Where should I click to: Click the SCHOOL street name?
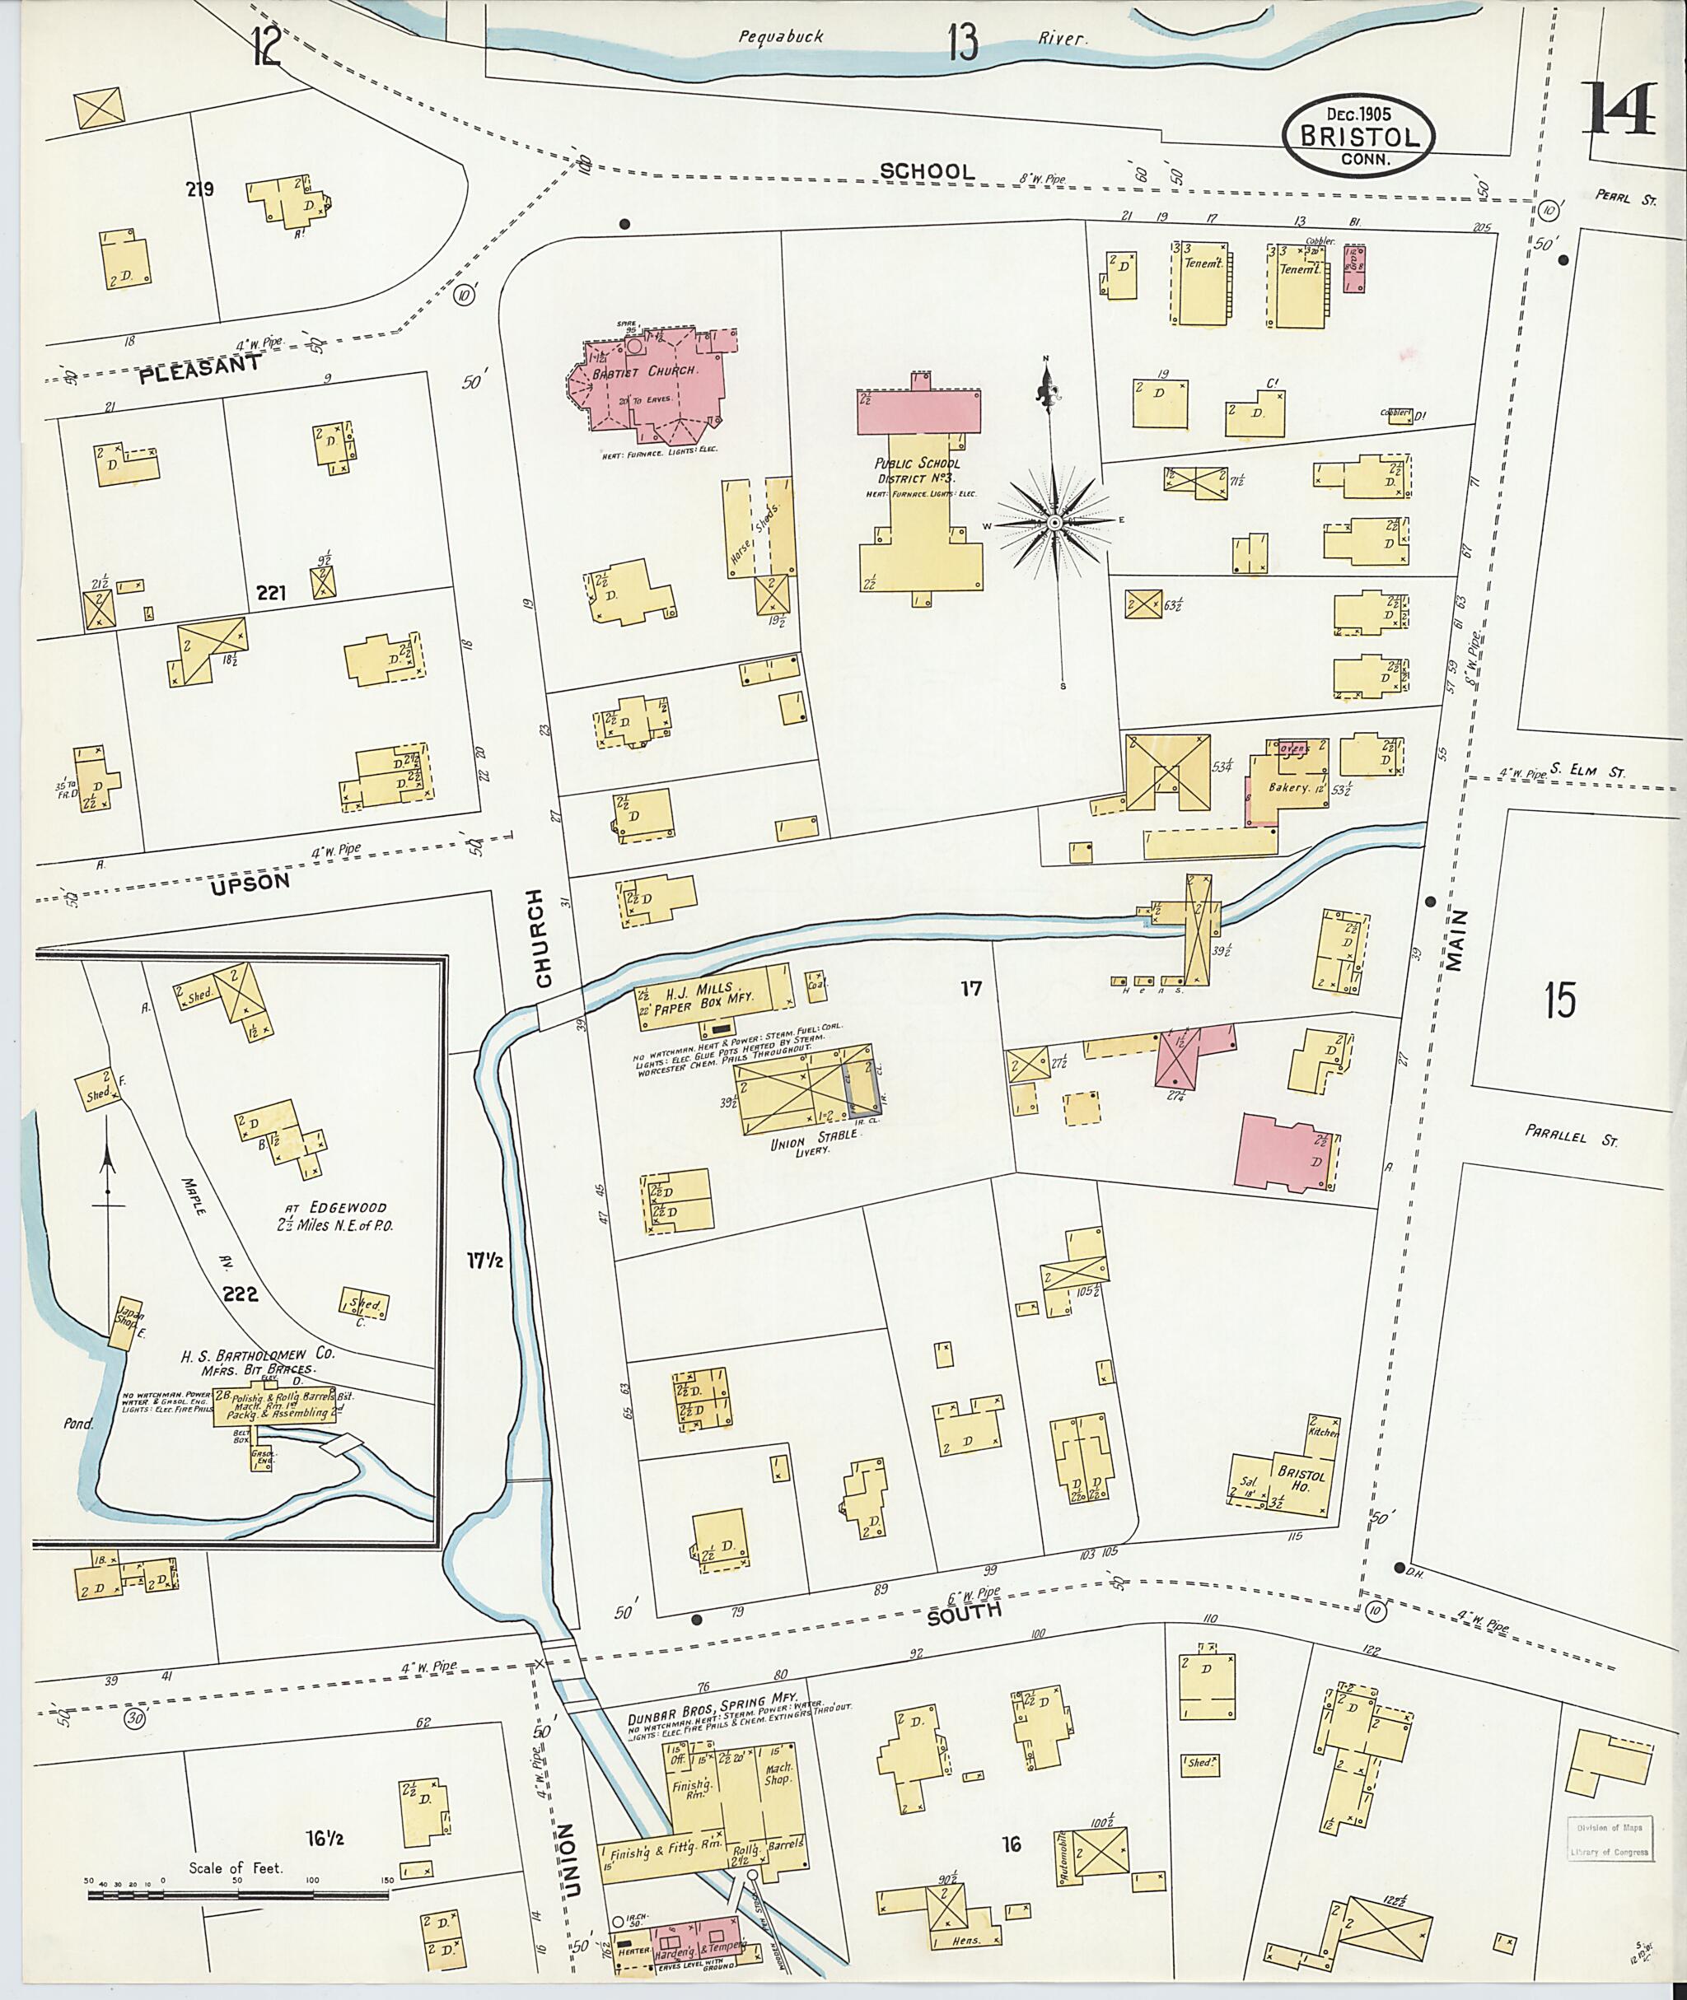927,171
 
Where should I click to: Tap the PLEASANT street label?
200,369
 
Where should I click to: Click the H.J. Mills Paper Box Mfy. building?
713,997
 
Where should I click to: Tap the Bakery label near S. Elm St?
1288,788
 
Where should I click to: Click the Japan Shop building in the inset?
124,1323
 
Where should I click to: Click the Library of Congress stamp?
1609,1839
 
